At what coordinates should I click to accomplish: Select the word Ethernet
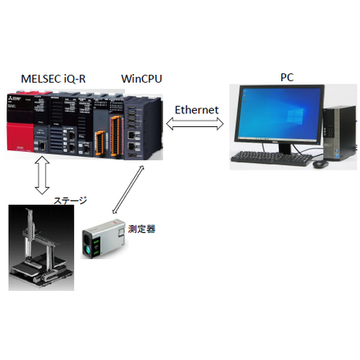[x=197, y=108]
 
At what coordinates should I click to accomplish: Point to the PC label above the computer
[x=286, y=77]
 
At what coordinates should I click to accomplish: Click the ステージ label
[x=69, y=200]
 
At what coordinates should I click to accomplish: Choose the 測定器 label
[x=141, y=229]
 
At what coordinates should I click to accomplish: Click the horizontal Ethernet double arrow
[x=194, y=123]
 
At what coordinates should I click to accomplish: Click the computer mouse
[x=320, y=163]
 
